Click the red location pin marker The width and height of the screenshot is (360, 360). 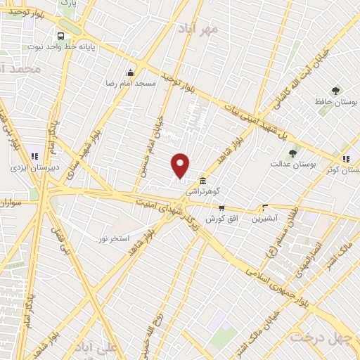coord(181,165)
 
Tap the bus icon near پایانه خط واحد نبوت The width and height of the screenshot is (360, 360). coord(61,36)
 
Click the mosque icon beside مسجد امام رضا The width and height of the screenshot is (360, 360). coord(130,72)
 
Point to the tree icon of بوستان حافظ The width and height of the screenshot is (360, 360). coord(335,91)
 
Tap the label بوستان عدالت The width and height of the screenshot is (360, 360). coord(293,164)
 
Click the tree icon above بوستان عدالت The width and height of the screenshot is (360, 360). coord(292,153)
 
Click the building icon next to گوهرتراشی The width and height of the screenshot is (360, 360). coord(202,180)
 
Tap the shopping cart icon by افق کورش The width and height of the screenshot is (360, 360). coord(222,207)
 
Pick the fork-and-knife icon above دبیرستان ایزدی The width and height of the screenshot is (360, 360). coord(35,156)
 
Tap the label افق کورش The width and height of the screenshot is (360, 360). coord(219,219)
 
